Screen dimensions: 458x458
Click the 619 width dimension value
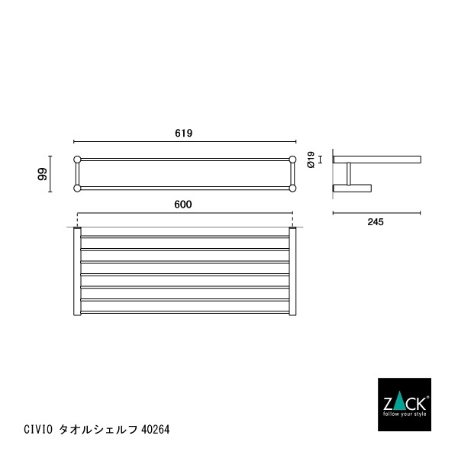tap(183, 133)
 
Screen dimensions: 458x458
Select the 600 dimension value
tap(182, 204)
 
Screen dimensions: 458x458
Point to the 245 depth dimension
tap(374, 222)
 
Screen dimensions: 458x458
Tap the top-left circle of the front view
tap(77, 160)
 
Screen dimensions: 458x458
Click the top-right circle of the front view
tap(292, 160)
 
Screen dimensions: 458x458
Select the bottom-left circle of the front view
tap(77, 187)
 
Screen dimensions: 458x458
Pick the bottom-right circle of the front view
tap(292, 187)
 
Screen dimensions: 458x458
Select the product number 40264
tap(156, 429)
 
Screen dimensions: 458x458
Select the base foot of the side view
tap(352, 187)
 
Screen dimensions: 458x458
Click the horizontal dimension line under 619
tap(184, 142)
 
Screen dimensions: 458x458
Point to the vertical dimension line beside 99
tap(50, 174)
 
